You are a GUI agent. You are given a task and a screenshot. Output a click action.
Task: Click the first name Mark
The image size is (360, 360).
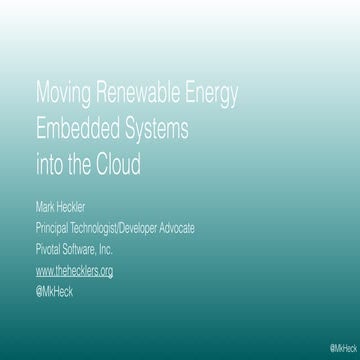(46, 210)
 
